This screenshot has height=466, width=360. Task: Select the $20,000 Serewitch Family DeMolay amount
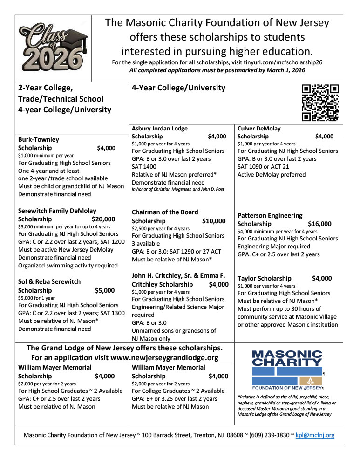point(103,219)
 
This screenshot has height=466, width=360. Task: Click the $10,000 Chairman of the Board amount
point(214,221)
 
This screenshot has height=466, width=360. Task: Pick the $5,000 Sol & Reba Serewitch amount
point(105,290)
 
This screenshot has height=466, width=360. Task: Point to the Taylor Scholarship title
point(265,278)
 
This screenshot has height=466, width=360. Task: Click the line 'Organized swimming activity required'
point(68,266)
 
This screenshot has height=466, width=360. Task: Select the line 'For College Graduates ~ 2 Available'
point(178,391)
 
